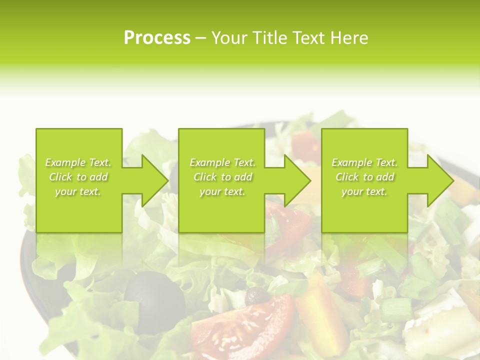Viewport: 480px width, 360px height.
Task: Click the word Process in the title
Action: tap(157, 38)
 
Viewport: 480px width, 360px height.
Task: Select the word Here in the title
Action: tap(349, 38)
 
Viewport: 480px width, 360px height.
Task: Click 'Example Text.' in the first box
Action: tap(78, 162)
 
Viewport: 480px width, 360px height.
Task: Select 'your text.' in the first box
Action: tap(78, 191)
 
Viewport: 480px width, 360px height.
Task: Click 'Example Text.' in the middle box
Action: tap(222, 162)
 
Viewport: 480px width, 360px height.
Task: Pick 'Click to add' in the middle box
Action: tap(222, 177)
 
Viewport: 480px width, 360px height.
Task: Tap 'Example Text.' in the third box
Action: tap(364, 162)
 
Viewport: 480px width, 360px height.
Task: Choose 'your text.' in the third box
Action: tap(364, 191)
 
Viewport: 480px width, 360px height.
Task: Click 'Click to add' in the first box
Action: tap(78, 177)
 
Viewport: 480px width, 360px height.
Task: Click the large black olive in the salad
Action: tap(154, 297)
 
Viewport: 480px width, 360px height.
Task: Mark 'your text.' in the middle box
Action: tap(222, 191)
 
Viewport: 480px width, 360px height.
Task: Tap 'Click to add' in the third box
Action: tap(364, 177)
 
